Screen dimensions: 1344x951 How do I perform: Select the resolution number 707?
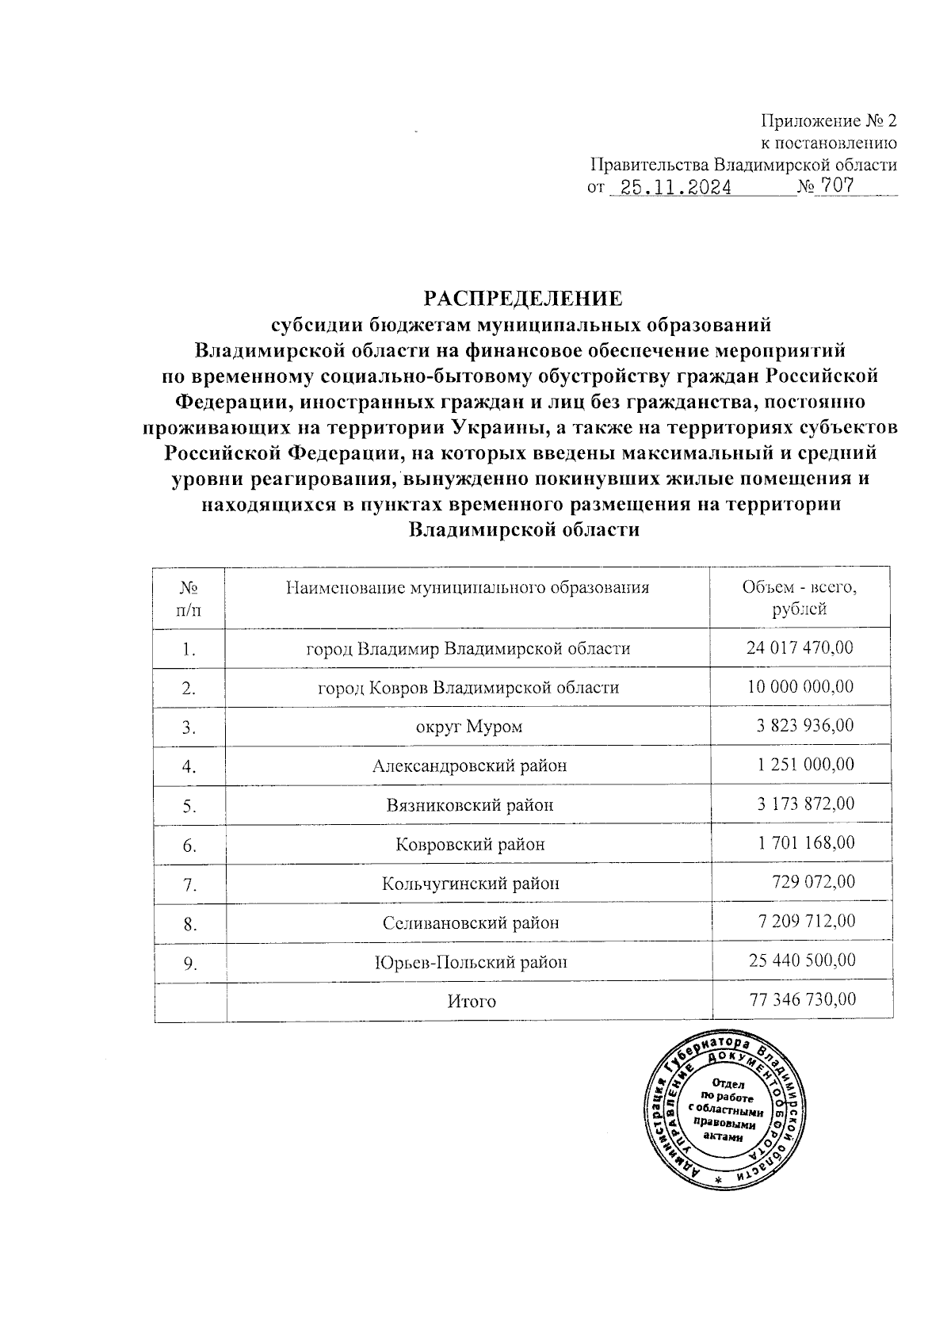point(837,187)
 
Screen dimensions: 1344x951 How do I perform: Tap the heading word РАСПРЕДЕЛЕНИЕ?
point(523,299)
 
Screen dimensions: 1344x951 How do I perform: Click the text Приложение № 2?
point(829,121)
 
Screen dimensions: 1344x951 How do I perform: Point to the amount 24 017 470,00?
point(800,647)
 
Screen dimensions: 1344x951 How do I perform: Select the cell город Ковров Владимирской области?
point(468,687)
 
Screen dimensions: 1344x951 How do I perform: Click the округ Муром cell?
point(469,727)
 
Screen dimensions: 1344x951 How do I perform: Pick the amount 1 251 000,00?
point(806,765)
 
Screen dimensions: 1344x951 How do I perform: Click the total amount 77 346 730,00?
point(802,1000)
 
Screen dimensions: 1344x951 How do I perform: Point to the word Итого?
point(472,1001)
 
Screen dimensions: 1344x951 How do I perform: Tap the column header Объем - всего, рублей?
point(800,598)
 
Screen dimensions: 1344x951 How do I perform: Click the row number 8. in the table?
point(189,923)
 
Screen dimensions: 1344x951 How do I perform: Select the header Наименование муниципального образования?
point(468,588)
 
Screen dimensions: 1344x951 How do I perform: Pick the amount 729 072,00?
point(813,882)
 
